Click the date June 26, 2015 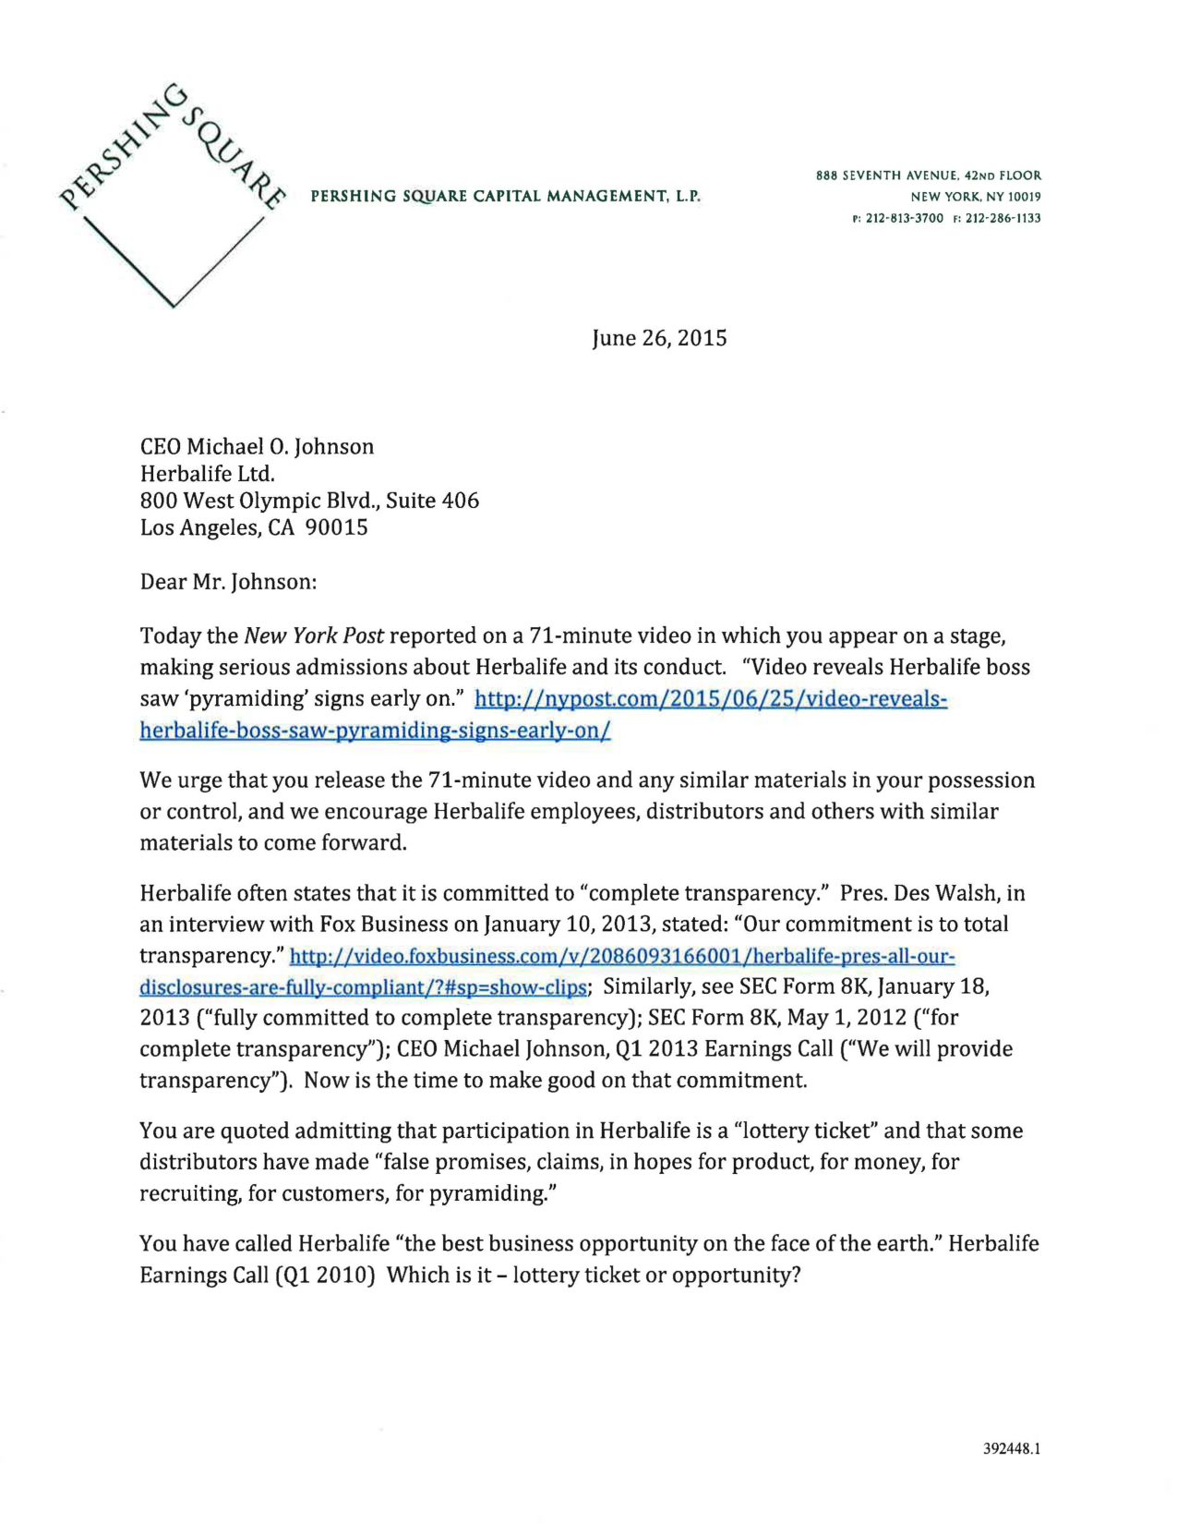coord(659,338)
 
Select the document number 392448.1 coord(1012,1449)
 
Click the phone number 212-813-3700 coord(904,219)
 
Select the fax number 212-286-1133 coord(1003,219)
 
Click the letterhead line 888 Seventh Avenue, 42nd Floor coord(928,175)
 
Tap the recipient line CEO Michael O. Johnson coord(257,447)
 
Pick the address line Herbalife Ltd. coord(208,474)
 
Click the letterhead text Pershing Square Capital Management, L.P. coord(505,197)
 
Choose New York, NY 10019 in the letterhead coord(975,197)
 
